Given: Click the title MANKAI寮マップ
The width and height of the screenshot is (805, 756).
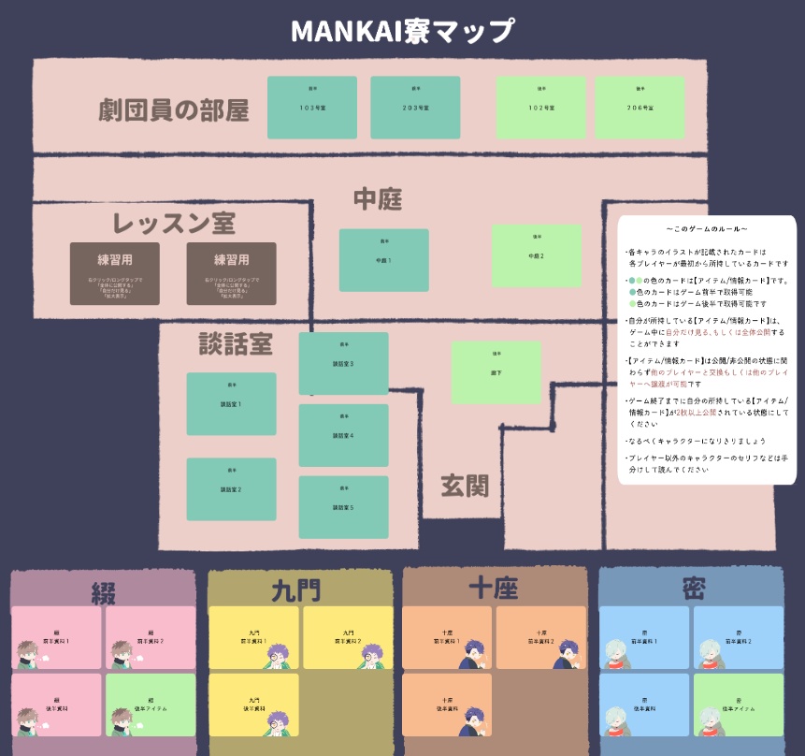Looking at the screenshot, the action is (402, 31).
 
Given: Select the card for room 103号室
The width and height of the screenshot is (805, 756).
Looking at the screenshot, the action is (312, 108).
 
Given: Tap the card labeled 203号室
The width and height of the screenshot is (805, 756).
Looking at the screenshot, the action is (415, 108).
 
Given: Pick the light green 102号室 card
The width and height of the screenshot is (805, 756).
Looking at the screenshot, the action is (540, 108).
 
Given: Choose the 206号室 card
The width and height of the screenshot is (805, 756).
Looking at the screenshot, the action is (640, 108).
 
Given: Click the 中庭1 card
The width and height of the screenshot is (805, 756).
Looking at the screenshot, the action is (383, 260).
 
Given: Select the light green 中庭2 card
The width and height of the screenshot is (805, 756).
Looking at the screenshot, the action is (537, 255).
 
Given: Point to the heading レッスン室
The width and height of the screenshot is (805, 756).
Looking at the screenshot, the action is (174, 223).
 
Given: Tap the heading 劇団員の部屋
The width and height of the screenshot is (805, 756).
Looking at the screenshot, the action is (174, 110).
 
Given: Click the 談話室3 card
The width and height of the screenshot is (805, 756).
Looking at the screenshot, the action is (343, 363).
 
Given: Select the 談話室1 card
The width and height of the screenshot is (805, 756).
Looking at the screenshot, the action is (231, 404).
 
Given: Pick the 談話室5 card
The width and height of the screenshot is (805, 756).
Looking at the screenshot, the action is (343, 507).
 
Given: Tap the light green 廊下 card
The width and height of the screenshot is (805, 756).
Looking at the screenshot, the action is (496, 372).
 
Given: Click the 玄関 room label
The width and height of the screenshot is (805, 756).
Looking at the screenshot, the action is (465, 486).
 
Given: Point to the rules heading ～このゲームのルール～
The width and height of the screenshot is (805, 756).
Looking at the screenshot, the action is (707, 229).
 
